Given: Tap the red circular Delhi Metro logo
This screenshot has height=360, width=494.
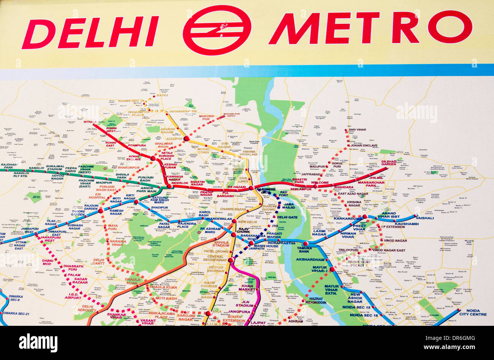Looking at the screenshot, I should [x=217, y=30].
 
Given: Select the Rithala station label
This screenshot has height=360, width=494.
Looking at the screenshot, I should [x=90, y=122].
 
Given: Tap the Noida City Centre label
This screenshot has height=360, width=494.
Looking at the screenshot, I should [x=472, y=312].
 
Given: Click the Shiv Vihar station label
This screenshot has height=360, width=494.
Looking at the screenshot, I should [x=357, y=129].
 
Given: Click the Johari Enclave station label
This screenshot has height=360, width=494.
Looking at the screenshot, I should [x=364, y=145].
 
